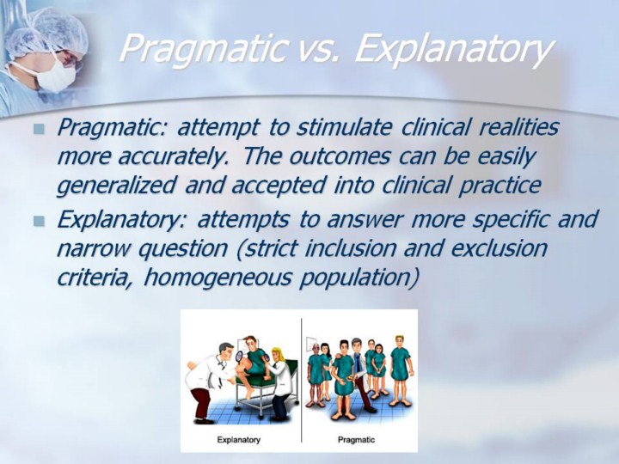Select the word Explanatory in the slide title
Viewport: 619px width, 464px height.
pos(454,49)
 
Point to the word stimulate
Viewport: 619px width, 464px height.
pos(344,127)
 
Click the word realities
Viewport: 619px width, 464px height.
pos(519,127)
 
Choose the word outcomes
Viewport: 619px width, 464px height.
pos(340,156)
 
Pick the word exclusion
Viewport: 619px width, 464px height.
pos(499,248)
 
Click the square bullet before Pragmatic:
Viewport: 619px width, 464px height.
pos(39,129)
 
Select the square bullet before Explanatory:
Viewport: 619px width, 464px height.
pos(39,221)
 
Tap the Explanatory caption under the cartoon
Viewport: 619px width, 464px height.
pos(238,440)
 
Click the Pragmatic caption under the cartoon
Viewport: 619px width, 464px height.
pos(356,440)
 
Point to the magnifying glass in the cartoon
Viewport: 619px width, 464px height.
pos(239,357)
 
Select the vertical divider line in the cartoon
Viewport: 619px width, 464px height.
pos(301,380)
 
